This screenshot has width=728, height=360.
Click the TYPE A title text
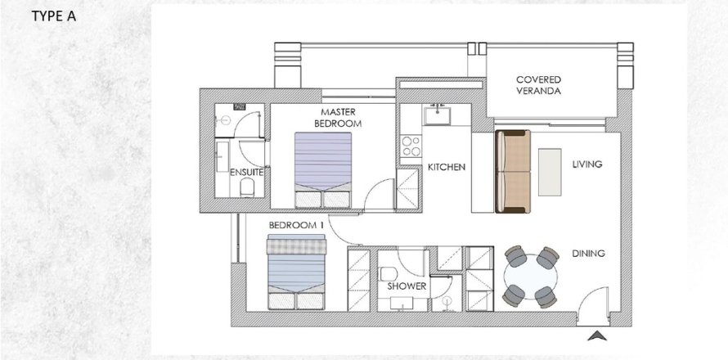[x=53, y=16]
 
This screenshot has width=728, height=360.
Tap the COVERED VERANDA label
[x=538, y=85]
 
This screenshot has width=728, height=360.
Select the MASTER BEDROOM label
[x=338, y=118]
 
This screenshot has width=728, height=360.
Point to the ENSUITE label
[x=247, y=173]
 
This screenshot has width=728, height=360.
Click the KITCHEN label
[x=446, y=167]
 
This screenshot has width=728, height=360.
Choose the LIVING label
[x=586, y=164]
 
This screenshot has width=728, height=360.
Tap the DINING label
[x=588, y=254]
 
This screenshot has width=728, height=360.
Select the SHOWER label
[x=407, y=286]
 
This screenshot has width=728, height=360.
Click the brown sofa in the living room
[x=513, y=171]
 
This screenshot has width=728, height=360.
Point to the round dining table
[x=531, y=277]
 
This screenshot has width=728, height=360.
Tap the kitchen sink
[x=437, y=115]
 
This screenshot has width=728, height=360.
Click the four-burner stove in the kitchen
[x=411, y=146]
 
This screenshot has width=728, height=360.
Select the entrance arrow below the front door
[x=597, y=335]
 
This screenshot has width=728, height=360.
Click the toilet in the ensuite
[x=248, y=187]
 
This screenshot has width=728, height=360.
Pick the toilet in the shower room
[x=387, y=273]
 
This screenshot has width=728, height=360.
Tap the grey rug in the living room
[x=550, y=172]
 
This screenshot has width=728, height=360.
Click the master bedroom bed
[x=322, y=170]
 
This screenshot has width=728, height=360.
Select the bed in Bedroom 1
[x=296, y=272]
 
